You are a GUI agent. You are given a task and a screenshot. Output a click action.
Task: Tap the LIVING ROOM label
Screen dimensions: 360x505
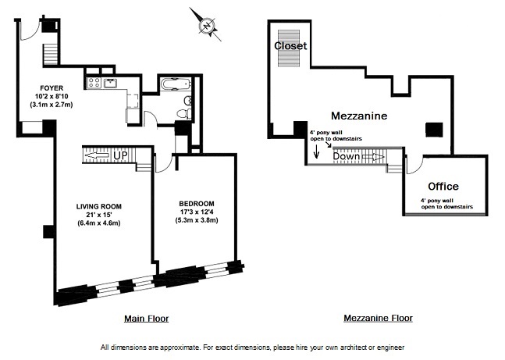coord(99,206)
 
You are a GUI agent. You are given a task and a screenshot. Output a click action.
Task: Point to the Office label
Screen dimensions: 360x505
coord(443,187)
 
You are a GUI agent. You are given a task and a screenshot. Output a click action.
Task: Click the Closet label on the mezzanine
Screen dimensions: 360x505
coord(290,46)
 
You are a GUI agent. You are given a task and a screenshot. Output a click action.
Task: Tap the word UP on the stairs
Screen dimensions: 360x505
coord(120,155)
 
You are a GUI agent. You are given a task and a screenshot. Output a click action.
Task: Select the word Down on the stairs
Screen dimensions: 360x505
coord(347,156)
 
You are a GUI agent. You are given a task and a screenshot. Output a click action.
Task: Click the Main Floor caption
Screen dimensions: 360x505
coord(146,319)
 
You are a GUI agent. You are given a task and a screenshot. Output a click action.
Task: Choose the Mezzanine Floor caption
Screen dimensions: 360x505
coord(378,319)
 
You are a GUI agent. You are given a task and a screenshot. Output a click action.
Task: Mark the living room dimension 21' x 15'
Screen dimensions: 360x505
coord(99,215)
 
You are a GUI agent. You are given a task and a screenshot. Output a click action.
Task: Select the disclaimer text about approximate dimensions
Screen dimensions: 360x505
coord(252,347)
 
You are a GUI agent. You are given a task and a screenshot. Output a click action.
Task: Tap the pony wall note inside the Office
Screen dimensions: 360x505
coord(443,205)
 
